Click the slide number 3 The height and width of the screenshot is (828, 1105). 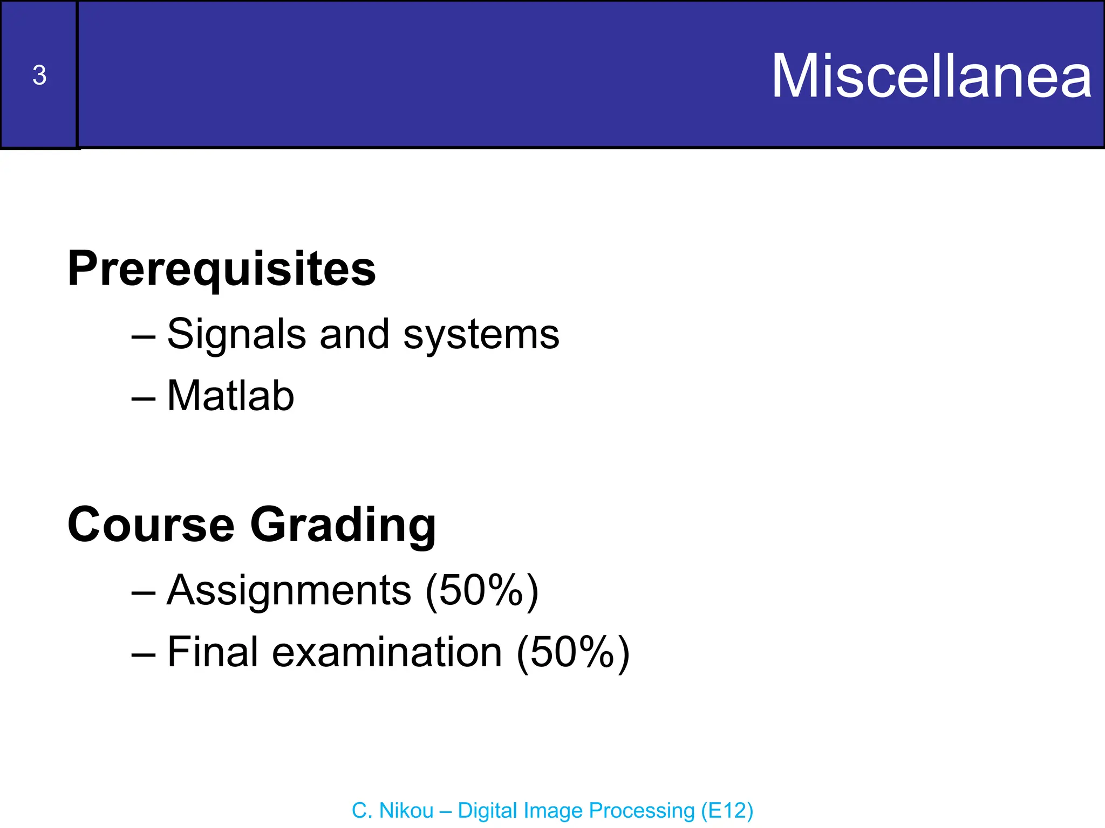(39, 75)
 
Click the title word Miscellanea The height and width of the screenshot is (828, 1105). (932, 77)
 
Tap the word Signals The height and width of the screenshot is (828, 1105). (236, 334)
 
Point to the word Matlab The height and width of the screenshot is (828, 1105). (230, 396)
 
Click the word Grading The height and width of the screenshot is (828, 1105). (343, 526)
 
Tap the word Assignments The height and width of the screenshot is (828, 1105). (289, 590)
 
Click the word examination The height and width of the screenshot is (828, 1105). (387, 652)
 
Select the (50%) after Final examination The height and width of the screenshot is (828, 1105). (573, 653)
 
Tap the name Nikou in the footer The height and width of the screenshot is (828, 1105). (406, 810)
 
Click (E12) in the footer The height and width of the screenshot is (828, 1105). (727, 811)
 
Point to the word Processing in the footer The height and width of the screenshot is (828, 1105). (641, 811)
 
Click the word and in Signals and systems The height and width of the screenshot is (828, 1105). (354, 334)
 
